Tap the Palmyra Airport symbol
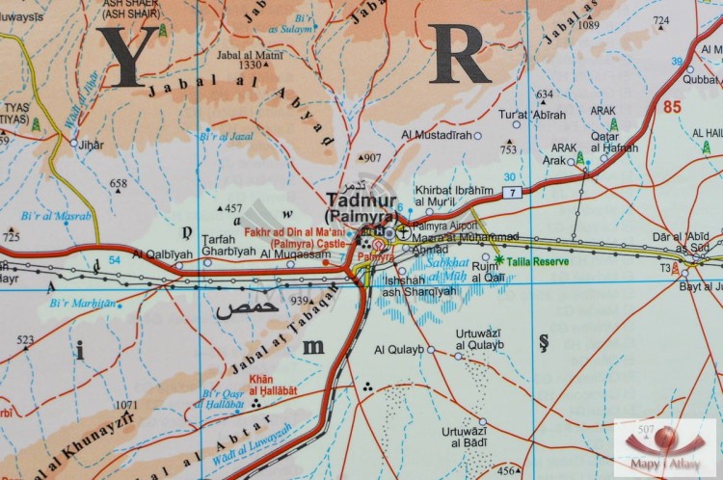(x=403, y=231)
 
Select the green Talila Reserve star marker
(x=499, y=260)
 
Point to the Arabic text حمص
(x=246, y=309)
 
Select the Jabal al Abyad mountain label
(x=241, y=106)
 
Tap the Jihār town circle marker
(x=73, y=143)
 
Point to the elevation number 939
(x=300, y=300)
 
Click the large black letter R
(x=460, y=53)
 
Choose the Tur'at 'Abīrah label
(x=531, y=115)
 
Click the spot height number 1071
(x=125, y=405)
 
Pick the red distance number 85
(x=672, y=107)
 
